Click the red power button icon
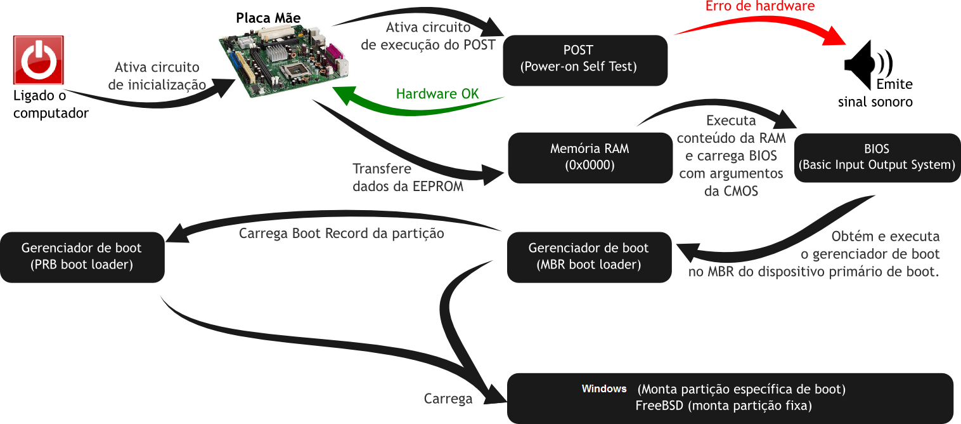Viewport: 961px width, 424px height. (38, 60)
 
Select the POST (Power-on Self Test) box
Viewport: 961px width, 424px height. (584, 60)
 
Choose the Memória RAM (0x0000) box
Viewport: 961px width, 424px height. (590, 157)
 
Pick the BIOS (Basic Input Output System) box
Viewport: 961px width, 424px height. (877, 157)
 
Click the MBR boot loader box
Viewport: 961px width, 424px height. (589, 256)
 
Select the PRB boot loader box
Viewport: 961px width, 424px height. (82, 256)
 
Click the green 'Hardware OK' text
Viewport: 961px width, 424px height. (437, 94)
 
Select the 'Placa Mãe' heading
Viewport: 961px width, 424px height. (268, 17)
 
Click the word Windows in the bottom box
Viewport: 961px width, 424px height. (604, 388)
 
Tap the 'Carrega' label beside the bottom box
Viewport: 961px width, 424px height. (448, 399)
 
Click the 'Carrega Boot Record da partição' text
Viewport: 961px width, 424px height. (341, 234)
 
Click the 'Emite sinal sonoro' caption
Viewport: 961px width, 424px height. (881, 94)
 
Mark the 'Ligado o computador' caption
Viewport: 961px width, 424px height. (51, 105)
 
